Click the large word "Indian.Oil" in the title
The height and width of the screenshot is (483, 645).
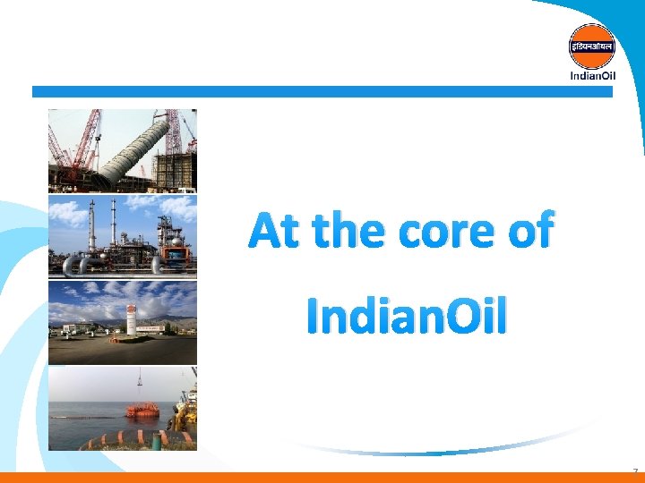[x=407, y=316]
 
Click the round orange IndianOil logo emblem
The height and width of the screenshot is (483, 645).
[x=592, y=46]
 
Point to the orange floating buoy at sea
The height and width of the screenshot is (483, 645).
[x=142, y=409]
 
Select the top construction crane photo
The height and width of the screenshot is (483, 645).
[x=123, y=149]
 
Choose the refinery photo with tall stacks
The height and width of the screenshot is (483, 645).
[x=123, y=235]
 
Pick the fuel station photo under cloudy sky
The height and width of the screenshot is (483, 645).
[x=123, y=321]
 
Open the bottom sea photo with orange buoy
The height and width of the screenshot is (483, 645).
[x=123, y=408]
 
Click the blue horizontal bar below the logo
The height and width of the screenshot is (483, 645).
[x=322, y=91]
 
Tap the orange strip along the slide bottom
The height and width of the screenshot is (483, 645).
[x=322, y=478]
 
